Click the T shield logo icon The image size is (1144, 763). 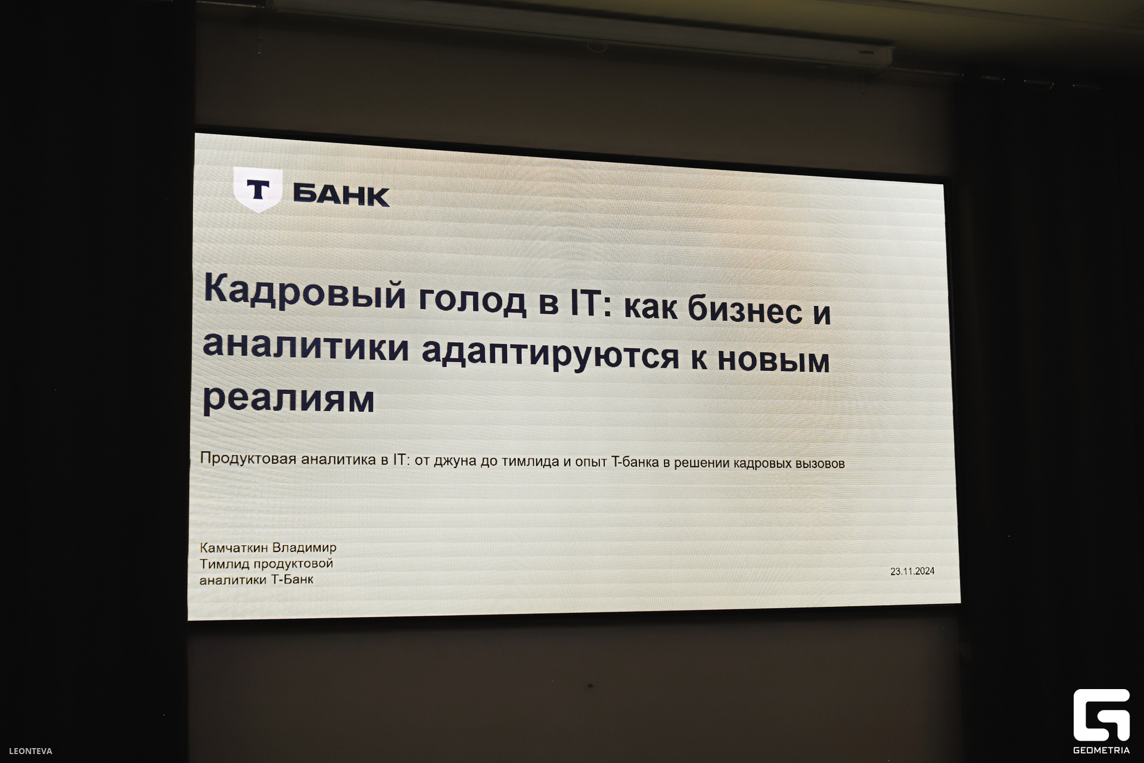(257, 190)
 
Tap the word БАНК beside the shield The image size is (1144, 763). (341, 195)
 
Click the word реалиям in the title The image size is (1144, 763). (288, 398)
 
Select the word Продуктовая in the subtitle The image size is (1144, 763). (248, 458)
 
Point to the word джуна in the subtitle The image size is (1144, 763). (455, 461)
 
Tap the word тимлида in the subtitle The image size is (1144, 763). (530, 461)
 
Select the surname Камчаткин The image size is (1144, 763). (234, 547)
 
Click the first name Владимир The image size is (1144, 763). (304, 547)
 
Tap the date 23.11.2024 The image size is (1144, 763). (912, 571)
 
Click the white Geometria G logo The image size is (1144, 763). (1102, 715)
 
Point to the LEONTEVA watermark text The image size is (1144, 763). (30, 751)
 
